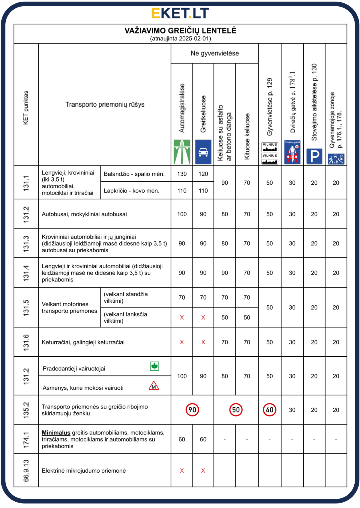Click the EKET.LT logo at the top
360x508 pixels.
point(180,13)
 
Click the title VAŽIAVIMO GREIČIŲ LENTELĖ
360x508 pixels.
point(180,31)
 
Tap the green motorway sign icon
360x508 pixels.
point(182,152)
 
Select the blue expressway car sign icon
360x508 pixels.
point(203,152)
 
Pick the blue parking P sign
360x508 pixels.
point(314,156)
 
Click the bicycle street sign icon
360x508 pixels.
point(292,152)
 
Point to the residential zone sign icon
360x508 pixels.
point(336,159)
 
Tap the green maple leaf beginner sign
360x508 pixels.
point(154,366)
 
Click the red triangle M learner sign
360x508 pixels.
point(154,386)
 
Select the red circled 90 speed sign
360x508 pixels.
point(192,410)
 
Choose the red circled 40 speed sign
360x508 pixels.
point(269,410)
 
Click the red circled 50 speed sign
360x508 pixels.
point(236,410)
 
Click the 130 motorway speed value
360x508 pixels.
point(182,174)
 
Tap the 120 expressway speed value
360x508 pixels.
point(203,174)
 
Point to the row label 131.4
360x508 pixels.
point(26,273)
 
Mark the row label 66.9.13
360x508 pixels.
point(26,471)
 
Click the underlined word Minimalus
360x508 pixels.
point(56,433)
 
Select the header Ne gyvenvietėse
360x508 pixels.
point(215,53)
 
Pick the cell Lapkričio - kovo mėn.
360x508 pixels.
point(131,191)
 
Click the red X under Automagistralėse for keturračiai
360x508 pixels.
point(182,342)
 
